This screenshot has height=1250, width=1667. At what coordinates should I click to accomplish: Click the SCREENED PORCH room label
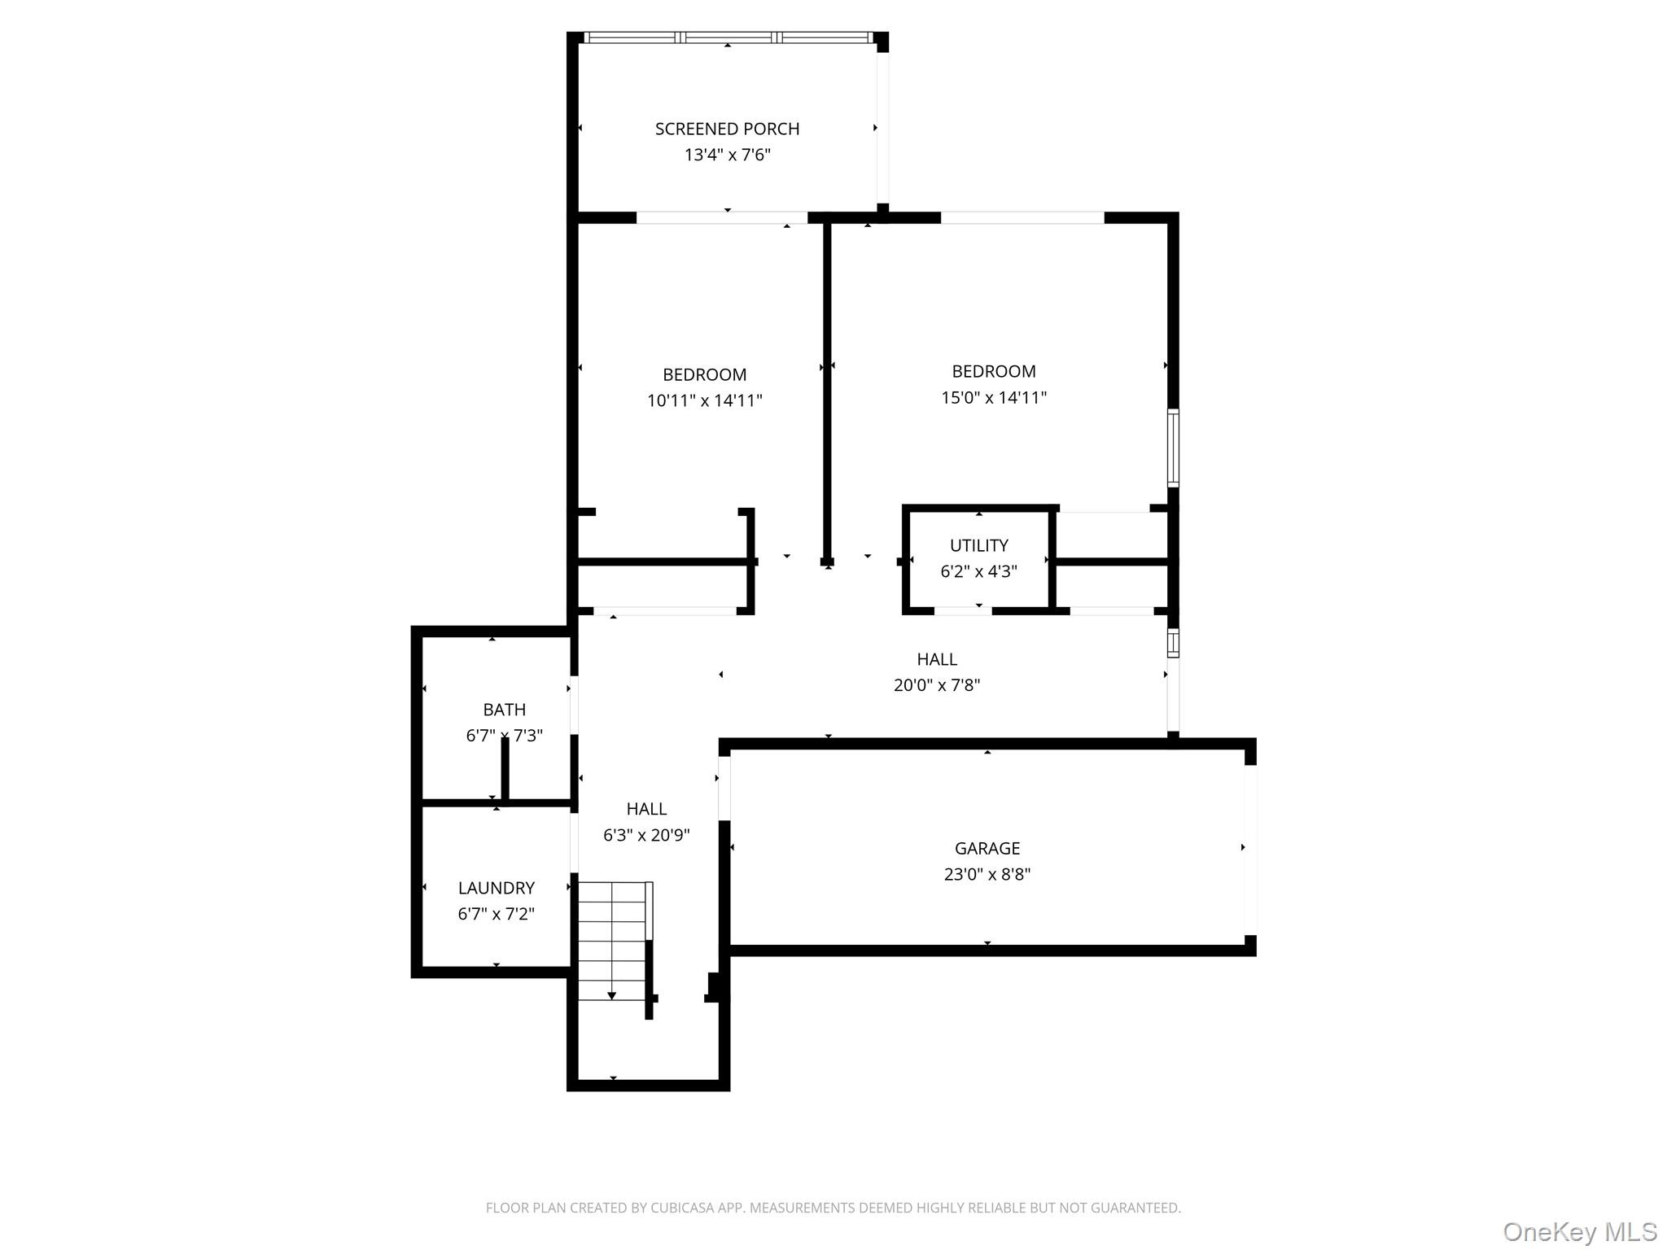pyautogui.click(x=727, y=129)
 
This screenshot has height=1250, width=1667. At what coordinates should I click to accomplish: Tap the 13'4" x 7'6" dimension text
pyautogui.click(x=727, y=155)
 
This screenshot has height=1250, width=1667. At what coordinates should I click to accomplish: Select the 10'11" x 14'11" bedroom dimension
pyautogui.click(x=704, y=400)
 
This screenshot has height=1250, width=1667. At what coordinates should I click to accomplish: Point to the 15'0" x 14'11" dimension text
pyautogui.click(x=994, y=397)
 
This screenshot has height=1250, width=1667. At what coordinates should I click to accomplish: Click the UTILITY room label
pyautogui.click(x=978, y=545)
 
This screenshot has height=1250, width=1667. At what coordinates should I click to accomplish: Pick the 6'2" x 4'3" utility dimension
pyautogui.click(x=978, y=571)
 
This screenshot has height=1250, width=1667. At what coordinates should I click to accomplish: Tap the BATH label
pyautogui.click(x=504, y=710)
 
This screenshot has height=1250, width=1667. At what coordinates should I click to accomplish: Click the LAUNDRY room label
pyautogui.click(x=496, y=888)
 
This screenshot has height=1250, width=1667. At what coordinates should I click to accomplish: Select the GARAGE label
pyautogui.click(x=987, y=848)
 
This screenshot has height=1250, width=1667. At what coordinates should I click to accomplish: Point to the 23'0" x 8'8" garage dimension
pyautogui.click(x=987, y=874)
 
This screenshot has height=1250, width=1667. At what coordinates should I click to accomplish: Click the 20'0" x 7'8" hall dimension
pyautogui.click(x=936, y=685)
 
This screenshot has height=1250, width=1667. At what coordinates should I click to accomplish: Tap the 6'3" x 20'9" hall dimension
pyautogui.click(x=646, y=835)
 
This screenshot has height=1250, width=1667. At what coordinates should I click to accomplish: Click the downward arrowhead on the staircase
pyautogui.click(x=612, y=996)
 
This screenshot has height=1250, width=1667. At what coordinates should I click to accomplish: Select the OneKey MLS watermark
pyautogui.click(x=1579, y=1232)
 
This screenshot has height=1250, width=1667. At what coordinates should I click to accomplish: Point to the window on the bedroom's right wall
pyautogui.click(x=1173, y=448)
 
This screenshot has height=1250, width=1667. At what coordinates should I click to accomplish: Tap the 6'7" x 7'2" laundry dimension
pyautogui.click(x=496, y=914)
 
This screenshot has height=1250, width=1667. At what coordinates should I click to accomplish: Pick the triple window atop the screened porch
pyautogui.click(x=728, y=37)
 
